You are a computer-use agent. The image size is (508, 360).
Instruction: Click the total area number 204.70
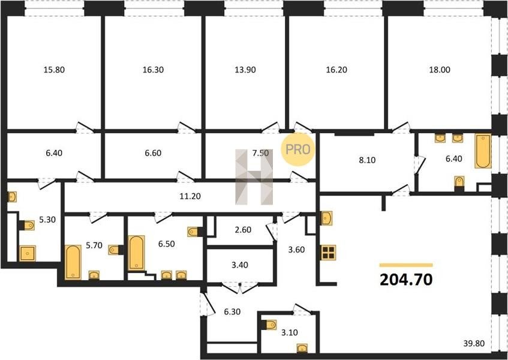pyautogui.click(x=406, y=280)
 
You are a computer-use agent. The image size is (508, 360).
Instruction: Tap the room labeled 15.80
pyautogui.click(x=54, y=70)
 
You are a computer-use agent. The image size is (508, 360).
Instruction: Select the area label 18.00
pyautogui.click(x=440, y=70)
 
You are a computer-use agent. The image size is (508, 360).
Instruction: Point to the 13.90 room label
pyautogui.click(x=245, y=70)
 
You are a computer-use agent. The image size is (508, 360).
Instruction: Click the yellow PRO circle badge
pyautogui.click(x=297, y=149)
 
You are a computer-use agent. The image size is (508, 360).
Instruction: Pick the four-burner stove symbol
pyautogui.click(x=329, y=253)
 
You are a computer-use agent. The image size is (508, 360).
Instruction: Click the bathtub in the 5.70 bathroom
pyautogui.click(x=73, y=262)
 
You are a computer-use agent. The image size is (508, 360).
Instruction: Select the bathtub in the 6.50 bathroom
pyautogui.click(x=136, y=253)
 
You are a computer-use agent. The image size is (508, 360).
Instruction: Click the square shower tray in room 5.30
pyautogui.click(x=27, y=253)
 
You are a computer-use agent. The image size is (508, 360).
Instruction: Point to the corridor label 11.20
pyautogui.click(x=190, y=196)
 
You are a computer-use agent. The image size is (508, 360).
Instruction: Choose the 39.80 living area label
pyautogui.click(x=474, y=343)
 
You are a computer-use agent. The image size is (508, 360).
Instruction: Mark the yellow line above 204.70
pyautogui.click(x=406, y=265)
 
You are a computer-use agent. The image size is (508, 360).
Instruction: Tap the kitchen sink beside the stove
pyautogui.click(x=326, y=218)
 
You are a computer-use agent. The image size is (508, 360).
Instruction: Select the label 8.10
pyautogui.click(x=368, y=160)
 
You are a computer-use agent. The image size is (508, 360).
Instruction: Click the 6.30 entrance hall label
pyautogui.click(x=232, y=312)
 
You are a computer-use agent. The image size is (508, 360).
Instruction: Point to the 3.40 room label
pyautogui.click(x=240, y=265)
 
